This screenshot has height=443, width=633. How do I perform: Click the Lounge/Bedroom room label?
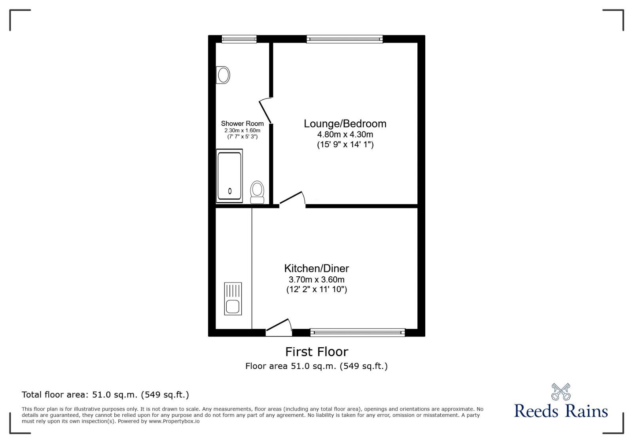(345, 124)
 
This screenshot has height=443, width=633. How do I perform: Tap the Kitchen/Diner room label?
(316, 268)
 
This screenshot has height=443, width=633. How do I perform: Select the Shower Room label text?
(242, 124)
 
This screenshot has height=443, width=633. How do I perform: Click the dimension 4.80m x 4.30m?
(345, 134)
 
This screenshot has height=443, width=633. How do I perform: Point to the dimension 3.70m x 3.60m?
(316, 279)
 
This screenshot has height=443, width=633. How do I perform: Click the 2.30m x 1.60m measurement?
(242, 130)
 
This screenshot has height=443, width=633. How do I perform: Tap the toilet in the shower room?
(257, 192)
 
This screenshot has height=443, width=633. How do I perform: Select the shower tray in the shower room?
(229, 176)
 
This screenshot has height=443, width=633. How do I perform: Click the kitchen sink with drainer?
(233, 299)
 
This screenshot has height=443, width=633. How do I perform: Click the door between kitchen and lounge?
(292, 199)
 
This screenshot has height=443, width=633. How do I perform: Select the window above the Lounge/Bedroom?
(345, 39)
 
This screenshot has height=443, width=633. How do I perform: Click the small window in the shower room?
(239, 39)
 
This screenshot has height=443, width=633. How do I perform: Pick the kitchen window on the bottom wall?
(358, 333)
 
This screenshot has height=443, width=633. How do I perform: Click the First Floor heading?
(316, 352)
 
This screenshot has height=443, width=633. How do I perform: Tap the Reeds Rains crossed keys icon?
(561, 392)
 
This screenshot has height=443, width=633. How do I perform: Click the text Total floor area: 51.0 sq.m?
(105, 395)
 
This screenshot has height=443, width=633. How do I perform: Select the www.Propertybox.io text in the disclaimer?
(174, 421)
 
